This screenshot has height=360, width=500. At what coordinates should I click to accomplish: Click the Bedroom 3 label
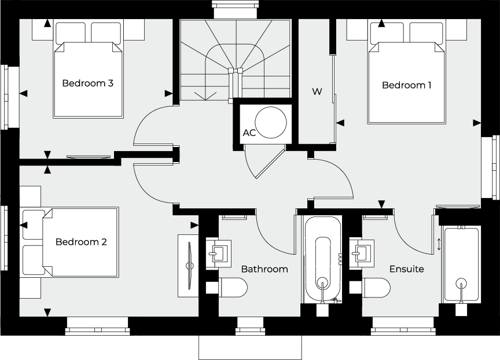click(88, 83)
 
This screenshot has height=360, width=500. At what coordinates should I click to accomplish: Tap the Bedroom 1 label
click(407, 85)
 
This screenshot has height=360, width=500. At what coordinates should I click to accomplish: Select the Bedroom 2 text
click(81, 242)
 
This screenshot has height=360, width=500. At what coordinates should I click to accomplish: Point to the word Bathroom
click(264, 269)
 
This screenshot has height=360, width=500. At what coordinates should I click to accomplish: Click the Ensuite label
click(407, 269)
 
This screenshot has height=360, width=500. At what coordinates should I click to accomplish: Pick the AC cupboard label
click(249, 133)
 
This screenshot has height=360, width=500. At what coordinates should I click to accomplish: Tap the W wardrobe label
click(317, 92)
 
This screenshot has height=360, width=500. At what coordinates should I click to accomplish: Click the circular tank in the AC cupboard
click(271, 123)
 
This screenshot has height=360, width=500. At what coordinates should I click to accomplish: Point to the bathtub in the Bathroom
click(323, 259)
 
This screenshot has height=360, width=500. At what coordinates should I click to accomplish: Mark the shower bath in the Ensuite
click(461, 265)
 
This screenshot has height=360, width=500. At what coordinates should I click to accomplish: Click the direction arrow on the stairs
click(205, 95)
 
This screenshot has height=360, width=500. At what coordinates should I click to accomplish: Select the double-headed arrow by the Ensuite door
click(439, 245)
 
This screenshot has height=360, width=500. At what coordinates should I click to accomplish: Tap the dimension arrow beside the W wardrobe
click(340, 123)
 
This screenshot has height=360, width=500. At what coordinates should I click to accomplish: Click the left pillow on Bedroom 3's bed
click(71, 33)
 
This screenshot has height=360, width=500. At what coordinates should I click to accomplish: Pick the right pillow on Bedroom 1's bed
click(426, 33)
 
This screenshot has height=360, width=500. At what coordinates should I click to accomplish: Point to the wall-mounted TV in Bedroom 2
click(190, 266)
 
